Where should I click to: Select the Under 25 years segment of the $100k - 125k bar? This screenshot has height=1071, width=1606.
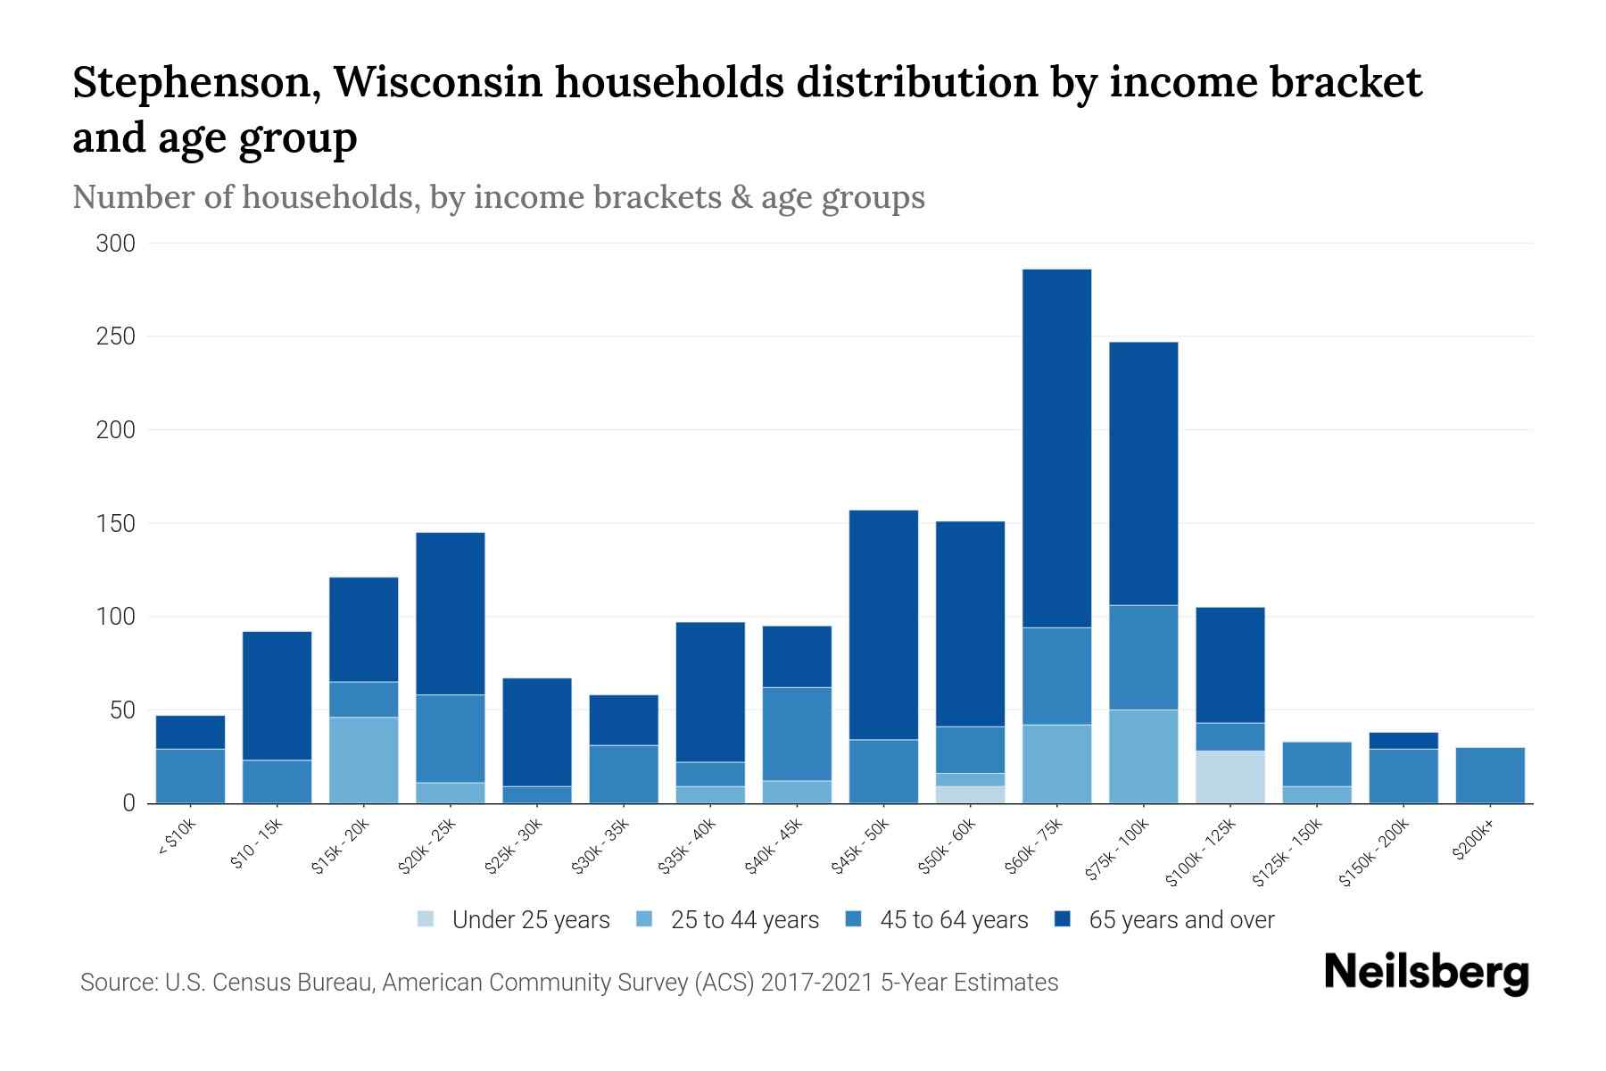(1229, 777)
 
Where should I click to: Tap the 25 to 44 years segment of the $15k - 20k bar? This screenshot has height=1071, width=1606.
(363, 760)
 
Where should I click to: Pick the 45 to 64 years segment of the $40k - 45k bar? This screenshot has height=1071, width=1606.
(797, 734)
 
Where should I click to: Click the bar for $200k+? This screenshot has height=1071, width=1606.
(1489, 776)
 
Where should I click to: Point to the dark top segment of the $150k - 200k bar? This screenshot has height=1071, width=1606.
(1403, 741)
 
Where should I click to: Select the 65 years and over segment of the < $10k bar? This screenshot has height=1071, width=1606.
(190, 732)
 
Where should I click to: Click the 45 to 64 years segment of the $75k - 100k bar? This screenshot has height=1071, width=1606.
(1143, 658)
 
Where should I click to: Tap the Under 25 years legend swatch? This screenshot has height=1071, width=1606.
(426, 919)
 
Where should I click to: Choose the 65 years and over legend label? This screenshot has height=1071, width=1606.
(1180, 920)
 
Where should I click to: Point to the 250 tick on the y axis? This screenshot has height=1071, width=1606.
(116, 337)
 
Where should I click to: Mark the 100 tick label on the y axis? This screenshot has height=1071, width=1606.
(116, 617)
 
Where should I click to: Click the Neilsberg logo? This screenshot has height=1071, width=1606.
(1426, 973)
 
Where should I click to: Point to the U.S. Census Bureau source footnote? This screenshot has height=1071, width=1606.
(568, 983)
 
